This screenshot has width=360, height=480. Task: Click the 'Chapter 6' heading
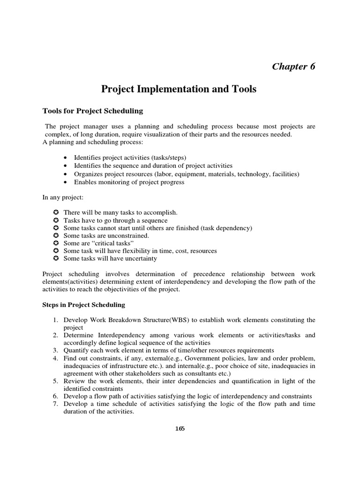coord(293,66)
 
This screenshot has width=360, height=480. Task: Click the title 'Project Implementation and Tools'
coord(180,89)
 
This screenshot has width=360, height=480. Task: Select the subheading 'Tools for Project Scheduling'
coord(93,111)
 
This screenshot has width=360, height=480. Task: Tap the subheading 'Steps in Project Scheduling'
coord(84,305)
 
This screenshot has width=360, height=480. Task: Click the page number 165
coord(180,428)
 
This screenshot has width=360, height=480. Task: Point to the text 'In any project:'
coord(63,197)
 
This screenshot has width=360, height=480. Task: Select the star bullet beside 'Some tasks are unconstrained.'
coord(55,236)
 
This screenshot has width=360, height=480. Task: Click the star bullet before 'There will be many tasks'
coord(55,213)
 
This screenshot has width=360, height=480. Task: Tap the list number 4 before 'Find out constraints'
coord(54,359)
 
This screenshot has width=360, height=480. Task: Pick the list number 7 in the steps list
coord(54,405)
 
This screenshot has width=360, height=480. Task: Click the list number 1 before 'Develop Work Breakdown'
coord(54,320)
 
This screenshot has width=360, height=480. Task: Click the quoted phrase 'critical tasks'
coord(107,243)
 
